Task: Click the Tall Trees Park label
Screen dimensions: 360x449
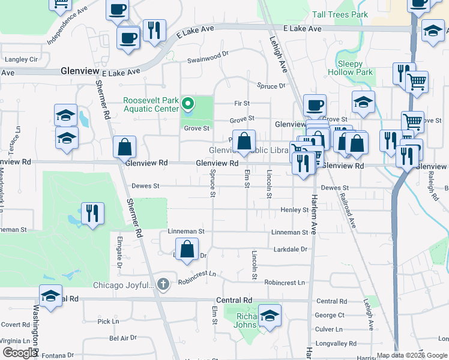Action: (340, 14)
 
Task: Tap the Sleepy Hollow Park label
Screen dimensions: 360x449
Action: (351, 68)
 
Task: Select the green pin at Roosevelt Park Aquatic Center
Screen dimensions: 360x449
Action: (188, 105)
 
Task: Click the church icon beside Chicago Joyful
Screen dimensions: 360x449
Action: (161, 283)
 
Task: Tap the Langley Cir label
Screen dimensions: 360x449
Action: (21, 59)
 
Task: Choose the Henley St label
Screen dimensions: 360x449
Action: (294, 210)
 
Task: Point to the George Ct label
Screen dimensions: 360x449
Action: (330, 315)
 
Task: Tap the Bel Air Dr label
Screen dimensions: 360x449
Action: (123, 338)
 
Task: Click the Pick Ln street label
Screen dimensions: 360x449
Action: (108, 322)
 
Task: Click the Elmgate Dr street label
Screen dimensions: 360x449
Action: (119, 252)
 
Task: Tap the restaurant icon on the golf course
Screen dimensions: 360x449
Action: (92, 213)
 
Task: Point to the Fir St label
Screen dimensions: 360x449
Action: (241, 103)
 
